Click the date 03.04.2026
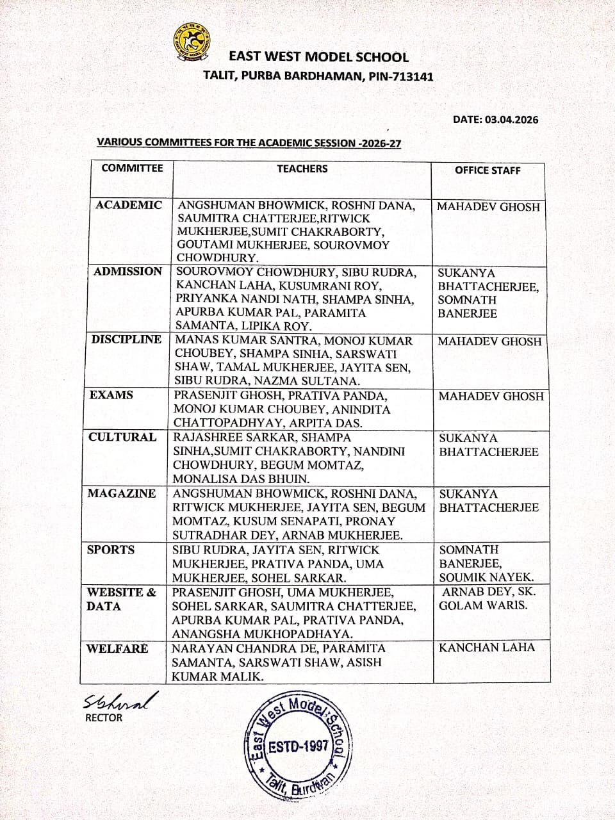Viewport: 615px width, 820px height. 511,119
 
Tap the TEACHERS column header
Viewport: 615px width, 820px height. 302,168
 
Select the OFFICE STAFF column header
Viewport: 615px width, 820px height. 488,170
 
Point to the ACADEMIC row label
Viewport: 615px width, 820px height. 129,205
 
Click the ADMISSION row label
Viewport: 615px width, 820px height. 127,271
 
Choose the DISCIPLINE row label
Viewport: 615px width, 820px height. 126,340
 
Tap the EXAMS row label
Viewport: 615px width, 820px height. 111,395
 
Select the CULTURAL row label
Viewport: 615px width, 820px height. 122,437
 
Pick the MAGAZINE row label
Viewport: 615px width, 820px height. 122,493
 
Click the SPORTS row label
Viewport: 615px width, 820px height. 111,550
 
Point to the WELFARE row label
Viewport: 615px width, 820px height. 117,648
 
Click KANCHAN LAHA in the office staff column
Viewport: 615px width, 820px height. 486,647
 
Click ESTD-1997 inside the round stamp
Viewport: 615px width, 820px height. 299,746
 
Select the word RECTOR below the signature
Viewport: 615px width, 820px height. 103,717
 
